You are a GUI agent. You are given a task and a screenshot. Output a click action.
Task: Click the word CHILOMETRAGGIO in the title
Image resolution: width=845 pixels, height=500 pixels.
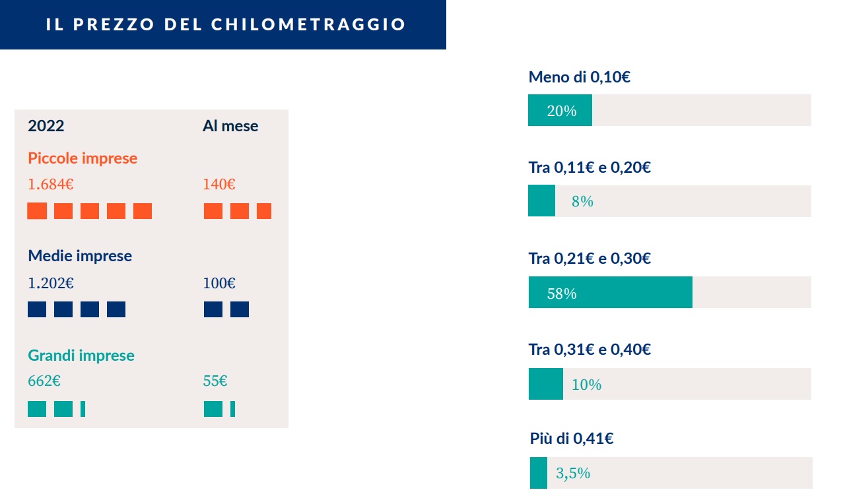[308, 24]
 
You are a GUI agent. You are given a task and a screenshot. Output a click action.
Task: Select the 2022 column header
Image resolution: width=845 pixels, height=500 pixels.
[46, 126]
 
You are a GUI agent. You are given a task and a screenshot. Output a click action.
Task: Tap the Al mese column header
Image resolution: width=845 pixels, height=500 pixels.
[230, 126]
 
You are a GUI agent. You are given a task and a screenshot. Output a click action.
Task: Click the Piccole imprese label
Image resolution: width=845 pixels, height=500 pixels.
[83, 158]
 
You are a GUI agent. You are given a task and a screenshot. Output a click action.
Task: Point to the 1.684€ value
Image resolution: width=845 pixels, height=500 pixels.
[50, 185]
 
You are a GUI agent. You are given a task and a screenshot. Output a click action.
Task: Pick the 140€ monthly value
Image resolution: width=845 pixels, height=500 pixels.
[219, 185]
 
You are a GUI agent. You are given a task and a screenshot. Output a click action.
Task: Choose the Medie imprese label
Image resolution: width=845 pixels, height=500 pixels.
[80, 256]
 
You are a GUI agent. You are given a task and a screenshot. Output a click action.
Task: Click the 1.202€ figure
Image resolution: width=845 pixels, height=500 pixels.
[50, 284]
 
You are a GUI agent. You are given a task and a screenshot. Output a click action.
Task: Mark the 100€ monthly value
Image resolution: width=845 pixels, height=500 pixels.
[219, 284]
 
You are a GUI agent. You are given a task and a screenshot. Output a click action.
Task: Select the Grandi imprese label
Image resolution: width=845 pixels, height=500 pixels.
[81, 356]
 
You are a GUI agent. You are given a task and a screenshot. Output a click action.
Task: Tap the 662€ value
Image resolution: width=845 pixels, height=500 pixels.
[44, 381]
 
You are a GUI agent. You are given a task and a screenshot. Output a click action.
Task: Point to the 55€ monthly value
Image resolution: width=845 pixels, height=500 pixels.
[215, 381]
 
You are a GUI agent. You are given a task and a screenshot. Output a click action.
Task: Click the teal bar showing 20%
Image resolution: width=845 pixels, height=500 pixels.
[560, 110]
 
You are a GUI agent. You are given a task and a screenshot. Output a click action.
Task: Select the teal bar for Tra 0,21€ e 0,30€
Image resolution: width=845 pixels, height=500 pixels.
[610, 292]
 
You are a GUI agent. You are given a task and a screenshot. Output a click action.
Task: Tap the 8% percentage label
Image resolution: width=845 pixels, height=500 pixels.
[582, 202]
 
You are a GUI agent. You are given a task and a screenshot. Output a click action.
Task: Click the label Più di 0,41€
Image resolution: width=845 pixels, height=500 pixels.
[572, 438]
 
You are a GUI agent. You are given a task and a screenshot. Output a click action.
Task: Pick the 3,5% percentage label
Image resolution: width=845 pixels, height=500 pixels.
[572, 474]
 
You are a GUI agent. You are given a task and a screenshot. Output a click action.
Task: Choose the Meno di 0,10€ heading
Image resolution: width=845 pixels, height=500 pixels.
[579, 77]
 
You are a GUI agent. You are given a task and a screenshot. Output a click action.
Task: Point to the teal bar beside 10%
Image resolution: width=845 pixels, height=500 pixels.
[545, 384]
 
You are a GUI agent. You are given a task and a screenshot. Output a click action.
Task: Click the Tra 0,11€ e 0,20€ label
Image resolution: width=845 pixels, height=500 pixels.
[590, 168]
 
